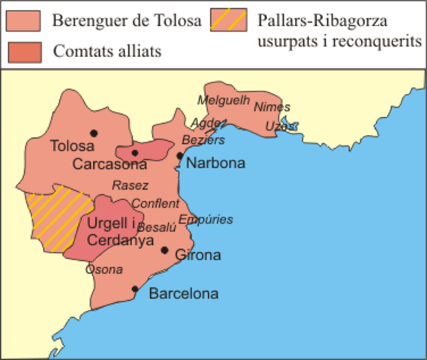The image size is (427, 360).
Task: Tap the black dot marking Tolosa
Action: point(92,133)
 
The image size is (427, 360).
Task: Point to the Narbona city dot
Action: point(180,156)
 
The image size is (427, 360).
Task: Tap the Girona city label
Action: point(197,256)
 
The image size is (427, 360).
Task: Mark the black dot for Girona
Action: point(165,252)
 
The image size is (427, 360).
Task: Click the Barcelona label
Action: point(184,293)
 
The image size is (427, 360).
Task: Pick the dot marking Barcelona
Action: point(135,289)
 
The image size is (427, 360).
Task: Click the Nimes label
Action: point(272,106)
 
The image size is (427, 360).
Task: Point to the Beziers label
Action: point(203,140)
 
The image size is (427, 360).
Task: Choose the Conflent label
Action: point(155,203)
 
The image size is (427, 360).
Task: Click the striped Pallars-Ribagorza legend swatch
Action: point(229,20)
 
